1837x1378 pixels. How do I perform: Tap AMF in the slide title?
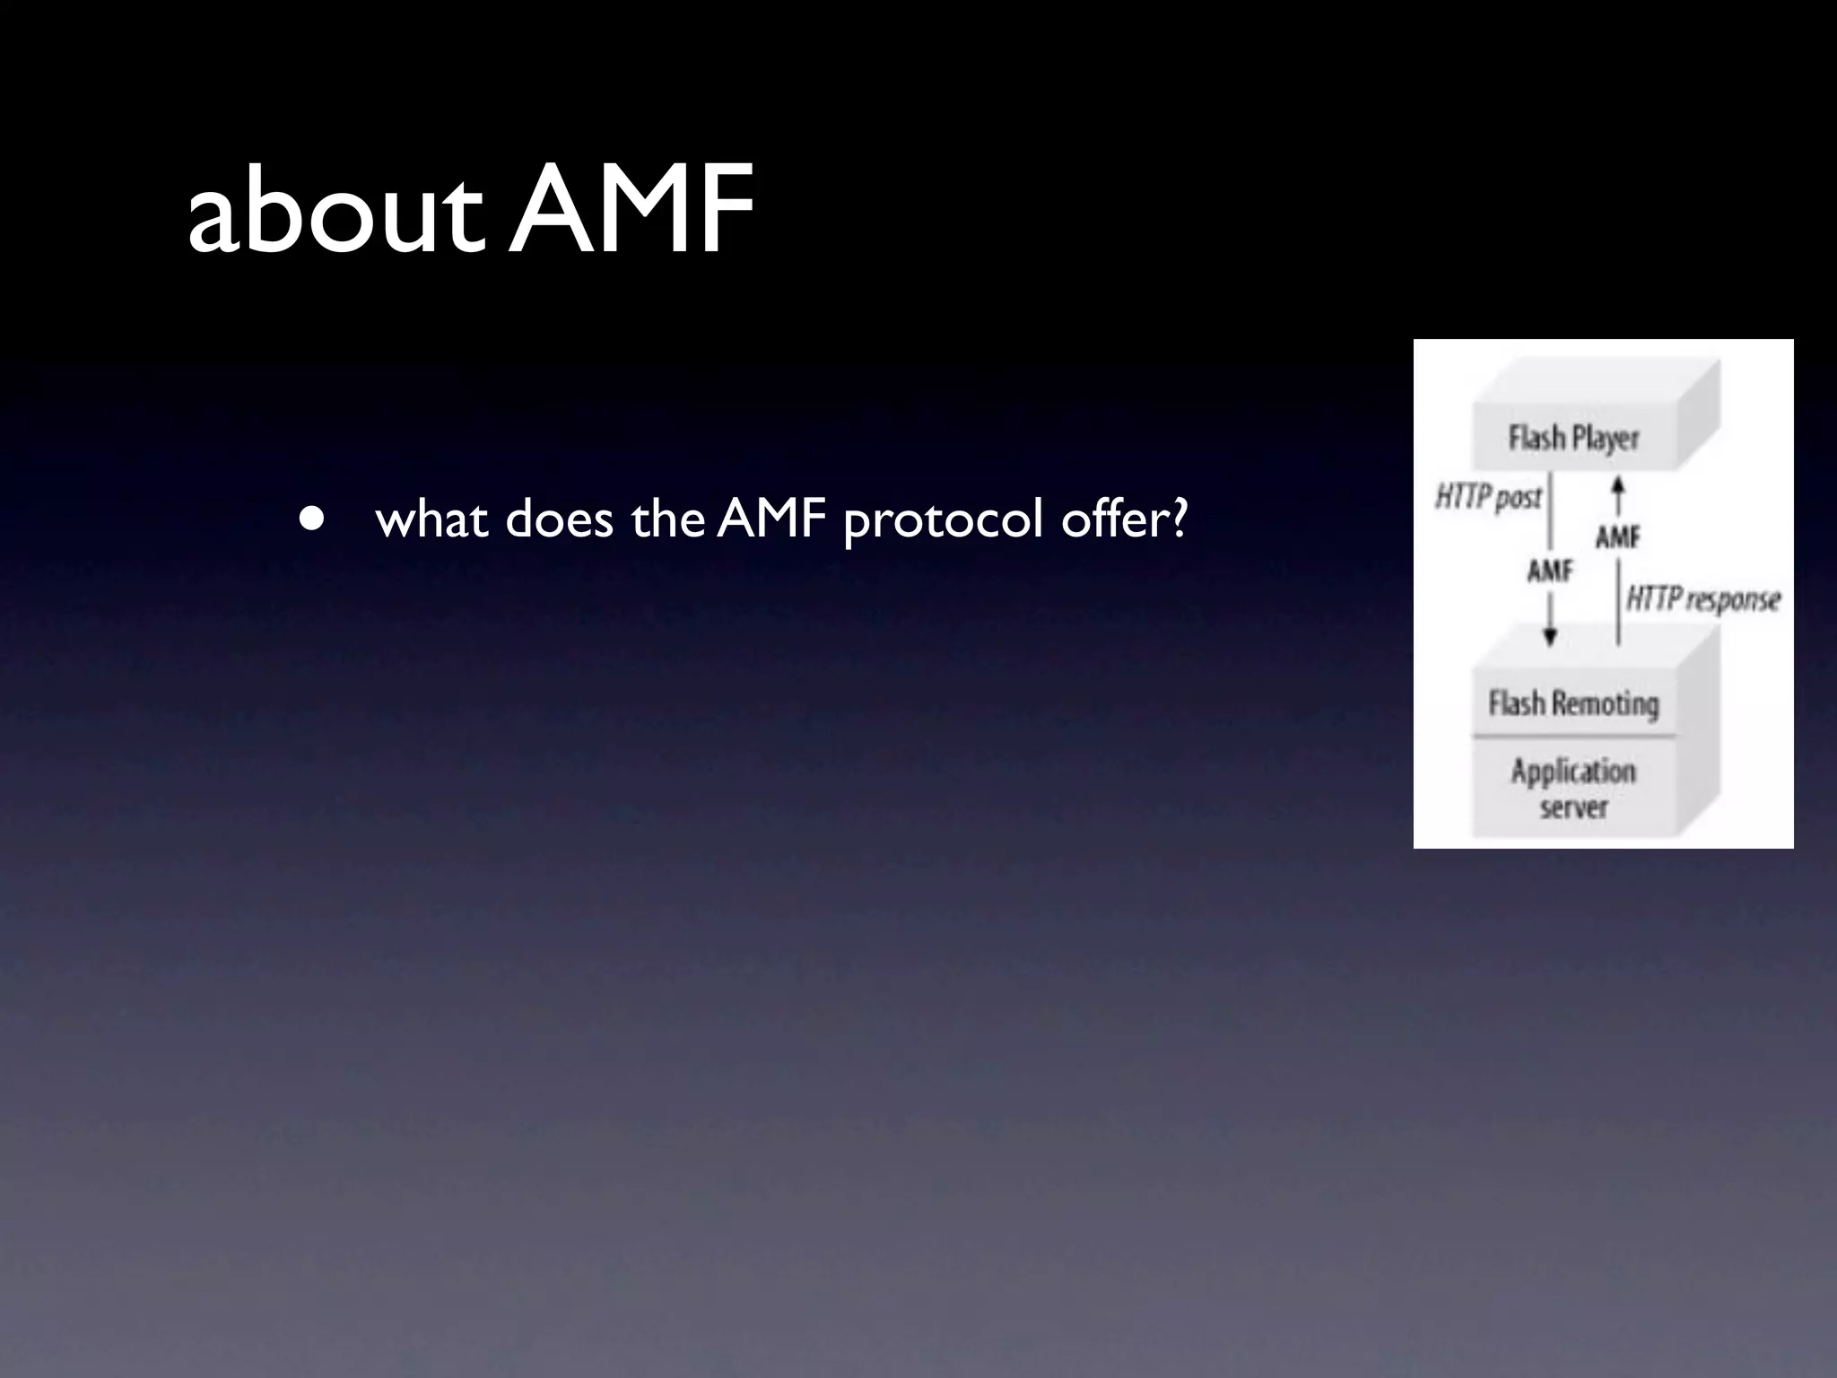tap(633, 210)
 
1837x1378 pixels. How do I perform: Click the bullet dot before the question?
tap(311, 519)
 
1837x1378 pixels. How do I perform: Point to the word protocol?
tap(943, 520)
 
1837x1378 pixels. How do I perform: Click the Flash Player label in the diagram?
tap(1573, 439)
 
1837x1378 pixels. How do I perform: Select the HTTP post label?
tap(1488, 496)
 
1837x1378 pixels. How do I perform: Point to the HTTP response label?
tap(1702, 598)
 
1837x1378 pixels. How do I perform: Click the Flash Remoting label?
tap(1573, 702)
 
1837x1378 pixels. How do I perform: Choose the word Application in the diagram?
tap(1573, 771)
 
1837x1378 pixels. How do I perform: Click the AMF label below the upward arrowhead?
tap(1617, 537)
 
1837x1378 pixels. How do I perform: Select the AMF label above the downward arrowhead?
tap(1550, 571)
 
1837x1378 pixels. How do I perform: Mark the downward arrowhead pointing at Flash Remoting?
tap(1550, 636)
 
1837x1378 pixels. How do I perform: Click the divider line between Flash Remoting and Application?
tap(1573, 737)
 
